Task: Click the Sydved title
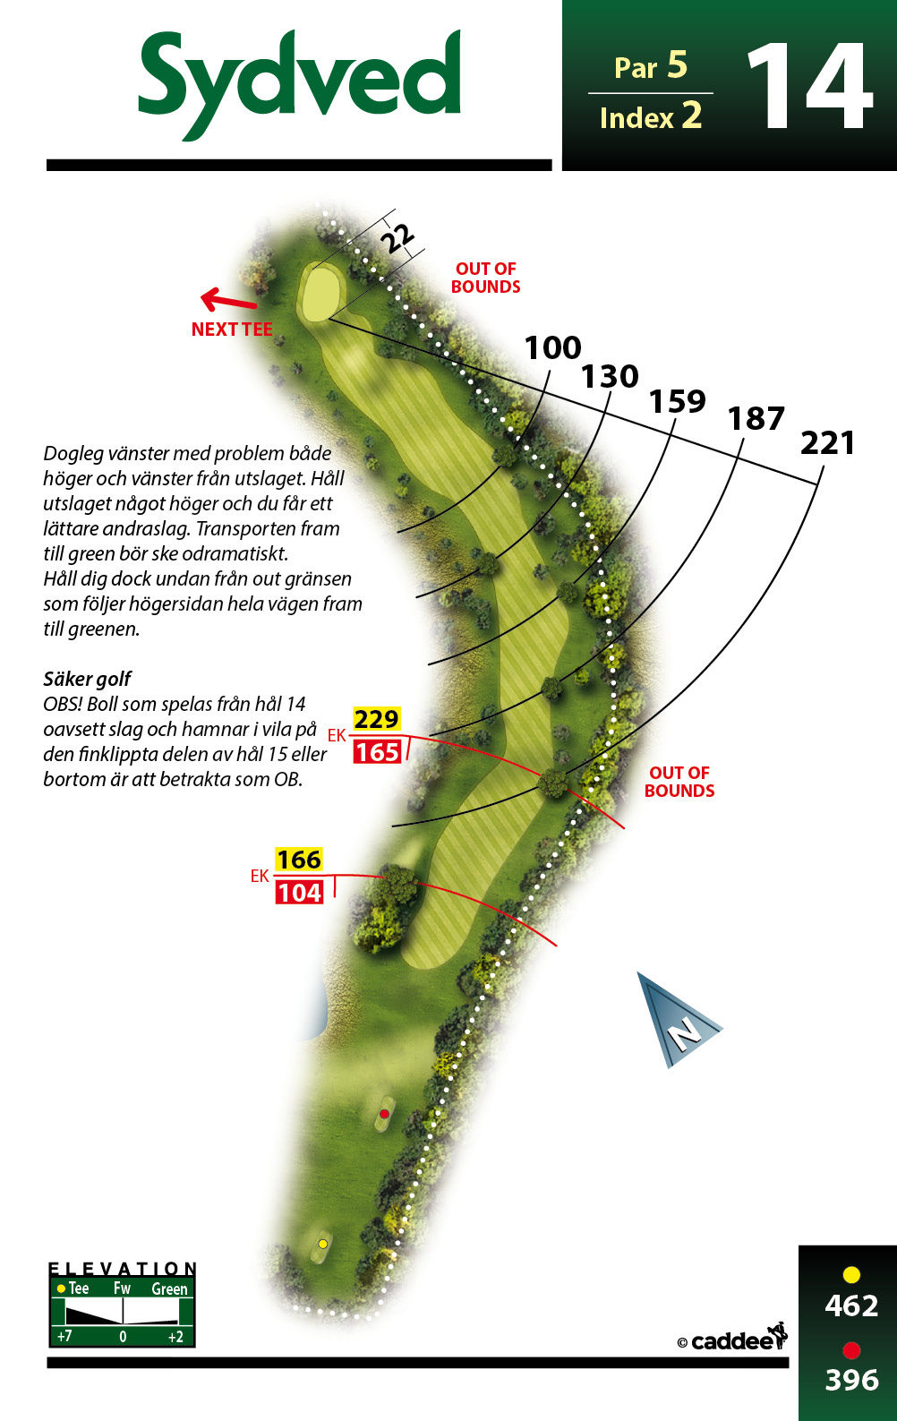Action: point(299,82)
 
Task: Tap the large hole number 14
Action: point(810,86)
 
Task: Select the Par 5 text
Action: point(650,66)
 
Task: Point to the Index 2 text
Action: point(650,116)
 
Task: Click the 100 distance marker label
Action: point(552,347)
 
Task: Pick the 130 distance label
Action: point(610,376)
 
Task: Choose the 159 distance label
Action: point(677,401)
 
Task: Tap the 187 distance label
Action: point(756,419)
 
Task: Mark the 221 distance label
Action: point(827,443)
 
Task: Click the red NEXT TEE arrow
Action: point(228,300)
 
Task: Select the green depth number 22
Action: point(397,238)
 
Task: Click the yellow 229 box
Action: point(376,719)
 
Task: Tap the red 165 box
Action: point(377,752)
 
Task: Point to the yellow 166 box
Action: point(299,860)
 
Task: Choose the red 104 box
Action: point(299,893)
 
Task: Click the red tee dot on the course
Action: point(384,1114)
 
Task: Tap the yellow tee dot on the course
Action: point(323,1244)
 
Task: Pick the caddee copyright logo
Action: point(732,1339)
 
